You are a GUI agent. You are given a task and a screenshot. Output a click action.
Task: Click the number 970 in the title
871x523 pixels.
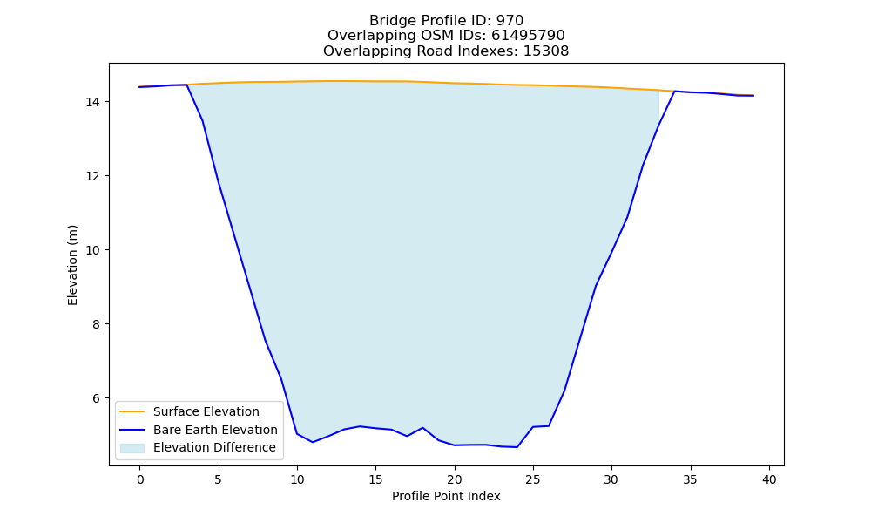tap(510, 21)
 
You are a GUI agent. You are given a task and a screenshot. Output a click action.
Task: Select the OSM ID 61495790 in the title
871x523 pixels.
tap(528, 36)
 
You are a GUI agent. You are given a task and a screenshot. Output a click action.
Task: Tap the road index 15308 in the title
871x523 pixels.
tap(546, 51)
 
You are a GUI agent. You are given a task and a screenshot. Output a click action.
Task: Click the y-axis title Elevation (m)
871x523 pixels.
tap(73, 265)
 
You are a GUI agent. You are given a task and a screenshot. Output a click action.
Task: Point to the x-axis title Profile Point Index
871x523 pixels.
tap(446, 496)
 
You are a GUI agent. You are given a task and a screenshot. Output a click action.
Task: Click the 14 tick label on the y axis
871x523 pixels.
tap(93, 102)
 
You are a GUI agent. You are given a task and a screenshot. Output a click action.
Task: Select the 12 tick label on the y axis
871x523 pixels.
tap(93, 176)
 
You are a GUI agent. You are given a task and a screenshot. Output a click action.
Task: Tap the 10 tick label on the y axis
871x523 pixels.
tap(93, 250)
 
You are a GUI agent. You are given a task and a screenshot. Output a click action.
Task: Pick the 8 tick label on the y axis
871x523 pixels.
tap(96, 324)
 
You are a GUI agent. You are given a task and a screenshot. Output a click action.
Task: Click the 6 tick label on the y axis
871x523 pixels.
tap(96, 398)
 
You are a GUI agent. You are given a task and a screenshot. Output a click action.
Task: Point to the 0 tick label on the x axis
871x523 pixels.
tap(140, 479)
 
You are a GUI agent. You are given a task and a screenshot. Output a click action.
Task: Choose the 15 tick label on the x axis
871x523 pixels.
tap(375, 479)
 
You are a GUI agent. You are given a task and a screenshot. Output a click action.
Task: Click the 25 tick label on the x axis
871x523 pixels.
tap(533, 479)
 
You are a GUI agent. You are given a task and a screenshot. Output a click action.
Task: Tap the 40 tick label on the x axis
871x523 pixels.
tap(769, 479)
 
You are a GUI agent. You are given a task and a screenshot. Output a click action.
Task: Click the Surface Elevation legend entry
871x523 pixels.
tap(206, 411)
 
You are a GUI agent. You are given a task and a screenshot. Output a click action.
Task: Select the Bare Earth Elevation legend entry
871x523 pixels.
tap(215, 430)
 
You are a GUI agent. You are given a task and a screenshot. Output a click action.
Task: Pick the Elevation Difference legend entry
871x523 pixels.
tap(214, 447)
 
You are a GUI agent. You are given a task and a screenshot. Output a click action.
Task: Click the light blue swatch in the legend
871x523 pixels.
tap(132, 448)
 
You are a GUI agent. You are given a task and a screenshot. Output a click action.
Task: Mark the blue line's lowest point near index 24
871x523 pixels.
tap(517, 447)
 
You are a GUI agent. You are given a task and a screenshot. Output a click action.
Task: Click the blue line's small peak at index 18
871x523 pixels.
tap(422, 427)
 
